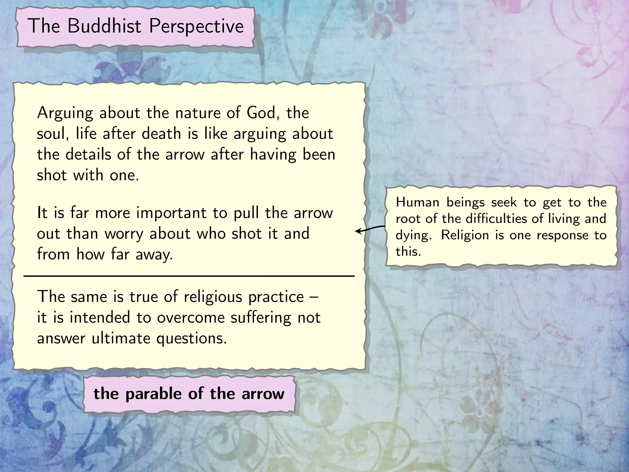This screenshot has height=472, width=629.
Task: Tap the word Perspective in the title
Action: coord(196,26)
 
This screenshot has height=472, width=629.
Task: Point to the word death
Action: coord(161,134)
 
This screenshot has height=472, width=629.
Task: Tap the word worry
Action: coord(124,234)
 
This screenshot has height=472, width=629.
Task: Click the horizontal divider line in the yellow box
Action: coord(189,277)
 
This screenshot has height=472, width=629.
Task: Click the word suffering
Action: coord(260,318)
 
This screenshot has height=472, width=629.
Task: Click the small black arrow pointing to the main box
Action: coord(369,229)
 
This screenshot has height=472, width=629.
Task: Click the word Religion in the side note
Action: coord(465,235)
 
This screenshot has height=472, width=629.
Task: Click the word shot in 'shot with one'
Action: coord(52,175)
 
